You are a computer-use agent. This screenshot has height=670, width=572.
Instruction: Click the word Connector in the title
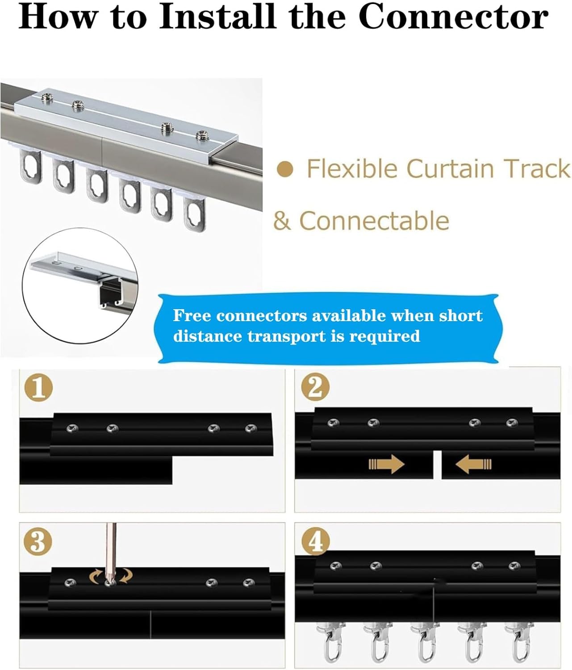point(453,17)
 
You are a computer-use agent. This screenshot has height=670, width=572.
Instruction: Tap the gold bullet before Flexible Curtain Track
point(285,170)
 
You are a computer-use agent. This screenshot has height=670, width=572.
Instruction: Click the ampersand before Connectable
point(282,221)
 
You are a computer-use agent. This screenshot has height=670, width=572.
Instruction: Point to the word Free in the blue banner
point(191,315)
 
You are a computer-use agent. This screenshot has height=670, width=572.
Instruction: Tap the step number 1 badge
point(38,388)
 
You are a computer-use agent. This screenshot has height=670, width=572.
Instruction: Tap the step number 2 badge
point(315,387)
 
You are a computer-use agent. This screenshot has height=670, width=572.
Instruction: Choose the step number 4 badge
point(316,541)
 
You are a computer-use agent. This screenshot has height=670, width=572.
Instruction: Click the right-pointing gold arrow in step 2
point(387,465)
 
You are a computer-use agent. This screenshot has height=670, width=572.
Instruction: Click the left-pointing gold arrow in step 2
point(473,465)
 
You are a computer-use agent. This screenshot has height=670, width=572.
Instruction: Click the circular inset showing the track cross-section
point(80,286)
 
